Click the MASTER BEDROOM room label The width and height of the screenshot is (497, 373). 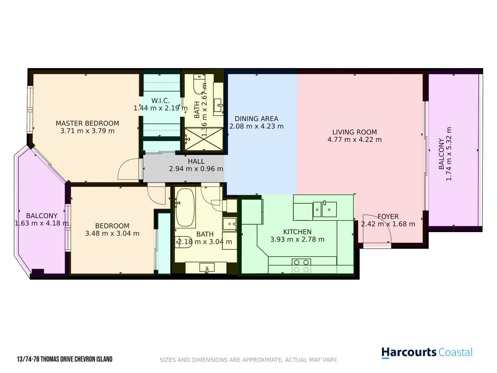click(x=87, y=123)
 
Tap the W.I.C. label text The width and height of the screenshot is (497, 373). click(x=160, y=101)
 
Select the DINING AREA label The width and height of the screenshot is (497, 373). click(x=256, y=119)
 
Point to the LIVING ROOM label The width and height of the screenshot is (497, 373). click(x=354, y=132)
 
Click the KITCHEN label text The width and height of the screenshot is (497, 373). click(x=297, y=232)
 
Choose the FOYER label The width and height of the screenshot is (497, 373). click(x=388, y=217)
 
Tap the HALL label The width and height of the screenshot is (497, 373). click(x=196, y=161)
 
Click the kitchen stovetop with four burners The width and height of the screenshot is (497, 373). click(x=301, y=266)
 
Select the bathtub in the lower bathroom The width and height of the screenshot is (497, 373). click(x=185, y=208)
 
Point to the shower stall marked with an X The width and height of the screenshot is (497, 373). click(x=204, y=139)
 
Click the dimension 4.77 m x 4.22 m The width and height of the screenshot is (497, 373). click(x=354, y=140)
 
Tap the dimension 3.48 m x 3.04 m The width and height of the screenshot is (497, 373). click(x=112, y=233)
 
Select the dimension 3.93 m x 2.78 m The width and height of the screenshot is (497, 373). click(x=297, y=239)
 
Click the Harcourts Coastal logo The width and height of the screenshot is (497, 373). click(x=427, y=353)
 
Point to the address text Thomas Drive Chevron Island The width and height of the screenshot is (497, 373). click(x=65, y=359)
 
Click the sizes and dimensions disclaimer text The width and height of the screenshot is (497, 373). click(x=248, y=360)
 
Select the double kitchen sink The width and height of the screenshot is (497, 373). click(x=324, y=209)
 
